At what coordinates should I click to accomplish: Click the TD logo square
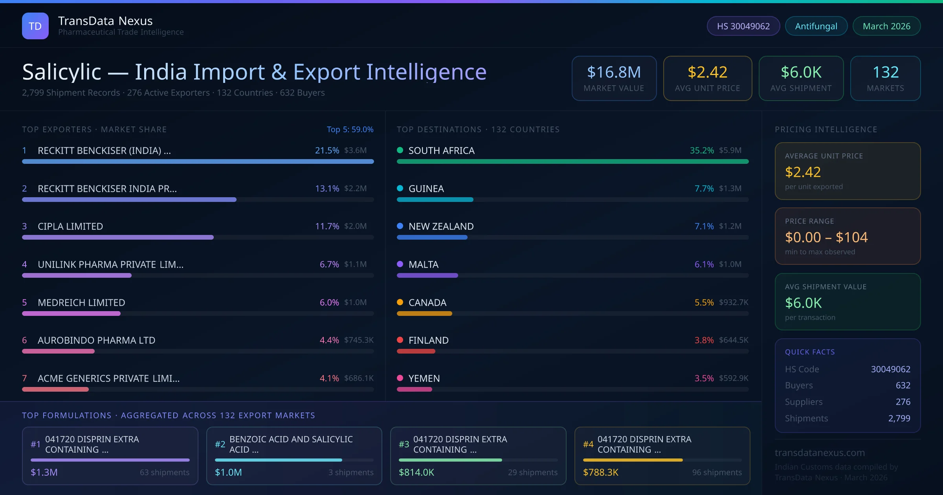click(x=35, y=26)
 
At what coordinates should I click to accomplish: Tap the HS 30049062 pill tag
click(x=743, y=26)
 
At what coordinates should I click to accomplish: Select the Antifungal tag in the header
click(x=816, y=26)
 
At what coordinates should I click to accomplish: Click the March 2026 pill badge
click(x=886, y=26)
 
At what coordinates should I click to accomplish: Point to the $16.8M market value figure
click(x=614, y=72)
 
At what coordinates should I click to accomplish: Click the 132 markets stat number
click(x=885, y=72)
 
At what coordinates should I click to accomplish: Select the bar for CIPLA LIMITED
click(x=118, y=237)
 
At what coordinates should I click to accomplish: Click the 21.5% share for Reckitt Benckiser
click(x=327, y=150)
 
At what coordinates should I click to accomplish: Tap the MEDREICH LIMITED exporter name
click(x=81, y=302)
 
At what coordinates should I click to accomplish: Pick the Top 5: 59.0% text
click(x=350, y=129)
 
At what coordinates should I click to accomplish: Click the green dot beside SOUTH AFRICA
click(x=400, y=150)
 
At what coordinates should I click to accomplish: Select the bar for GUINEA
click(x=435, y=200)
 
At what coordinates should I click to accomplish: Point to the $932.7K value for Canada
click(x=733, y=302)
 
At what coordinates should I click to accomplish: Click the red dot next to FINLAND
click(x=400, y=340)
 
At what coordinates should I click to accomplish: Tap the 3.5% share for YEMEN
click(x=704, y=378)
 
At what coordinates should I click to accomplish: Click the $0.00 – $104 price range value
click(x=826, y=237)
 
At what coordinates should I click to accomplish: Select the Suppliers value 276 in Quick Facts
click(x=903, y=401)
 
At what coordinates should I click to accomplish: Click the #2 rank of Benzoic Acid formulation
click(x=220, y=444)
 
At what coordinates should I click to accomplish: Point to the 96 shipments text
click(x=717, y=472)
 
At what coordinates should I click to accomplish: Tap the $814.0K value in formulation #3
click(x=416, y=472)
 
